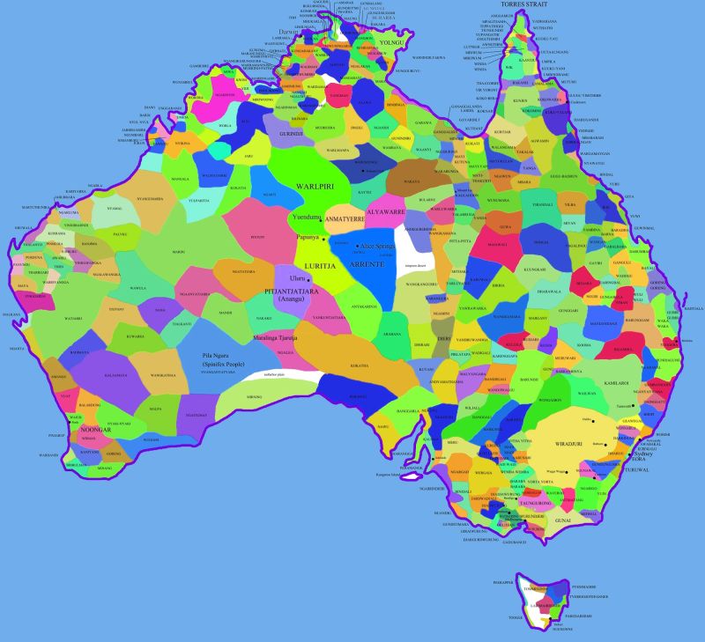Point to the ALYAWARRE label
pyautogui.click(x=385, y=212)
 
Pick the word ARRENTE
pyautogui.click(x=364, y=262)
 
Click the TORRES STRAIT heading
pyautogui.click(x=525, y=4)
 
